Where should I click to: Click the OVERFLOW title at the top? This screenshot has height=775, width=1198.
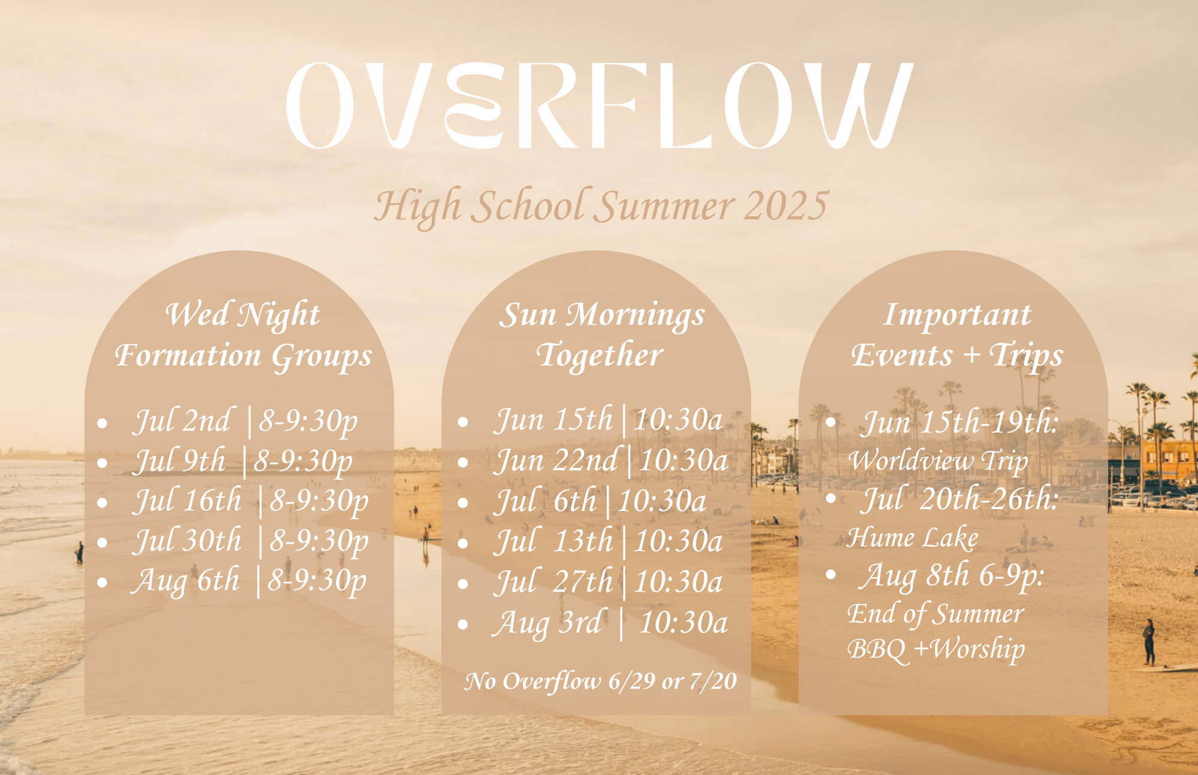600,105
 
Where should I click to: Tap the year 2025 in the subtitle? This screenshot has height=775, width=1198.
785,205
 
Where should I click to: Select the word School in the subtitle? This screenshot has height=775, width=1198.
528,205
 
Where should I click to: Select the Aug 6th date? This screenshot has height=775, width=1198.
186,581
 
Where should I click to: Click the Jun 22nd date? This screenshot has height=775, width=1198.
555,461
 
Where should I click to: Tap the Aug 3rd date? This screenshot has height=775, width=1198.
547,623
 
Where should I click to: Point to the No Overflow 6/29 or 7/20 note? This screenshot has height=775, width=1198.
601,682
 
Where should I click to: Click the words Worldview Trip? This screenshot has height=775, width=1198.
938,461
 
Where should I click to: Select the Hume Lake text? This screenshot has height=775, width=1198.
913,537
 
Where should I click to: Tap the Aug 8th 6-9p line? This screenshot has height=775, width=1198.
952,576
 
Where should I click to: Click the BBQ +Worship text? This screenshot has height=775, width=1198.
936,649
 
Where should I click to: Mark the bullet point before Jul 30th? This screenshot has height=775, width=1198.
102,543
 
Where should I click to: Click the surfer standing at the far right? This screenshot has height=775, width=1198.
1148,642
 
